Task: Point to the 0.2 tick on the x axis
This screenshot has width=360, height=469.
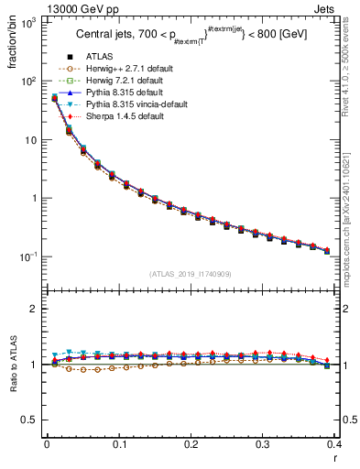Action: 191,444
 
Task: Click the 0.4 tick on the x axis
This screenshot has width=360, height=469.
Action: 335,444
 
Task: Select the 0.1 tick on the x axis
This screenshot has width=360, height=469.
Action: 118,444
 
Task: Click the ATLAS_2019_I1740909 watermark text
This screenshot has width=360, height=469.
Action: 191,274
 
